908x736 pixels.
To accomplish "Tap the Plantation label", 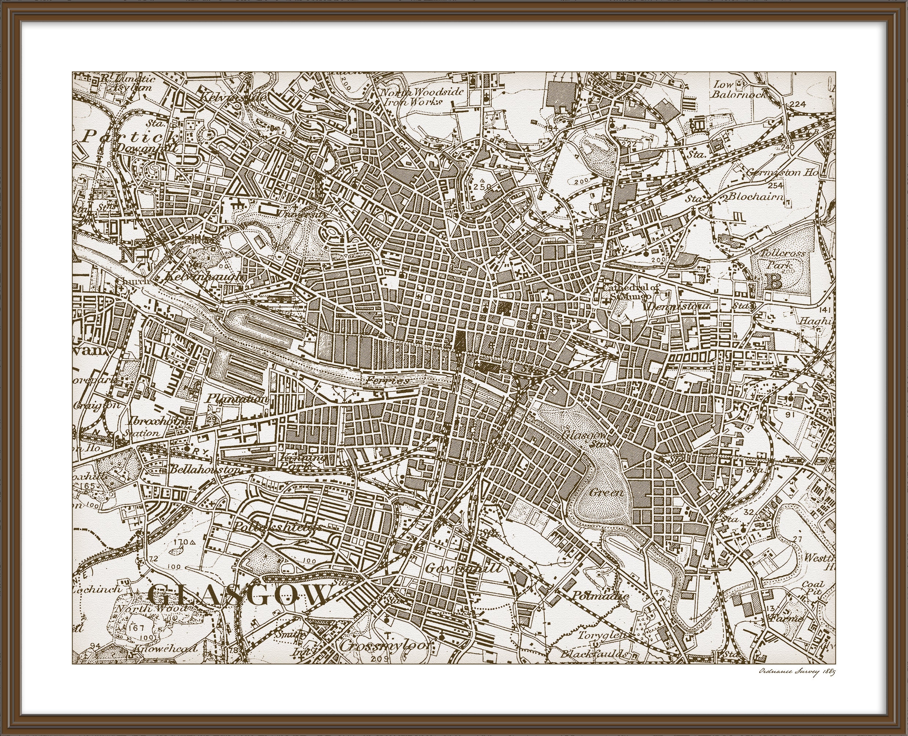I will point(238,399).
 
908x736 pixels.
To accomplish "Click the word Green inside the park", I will point(606,493).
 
